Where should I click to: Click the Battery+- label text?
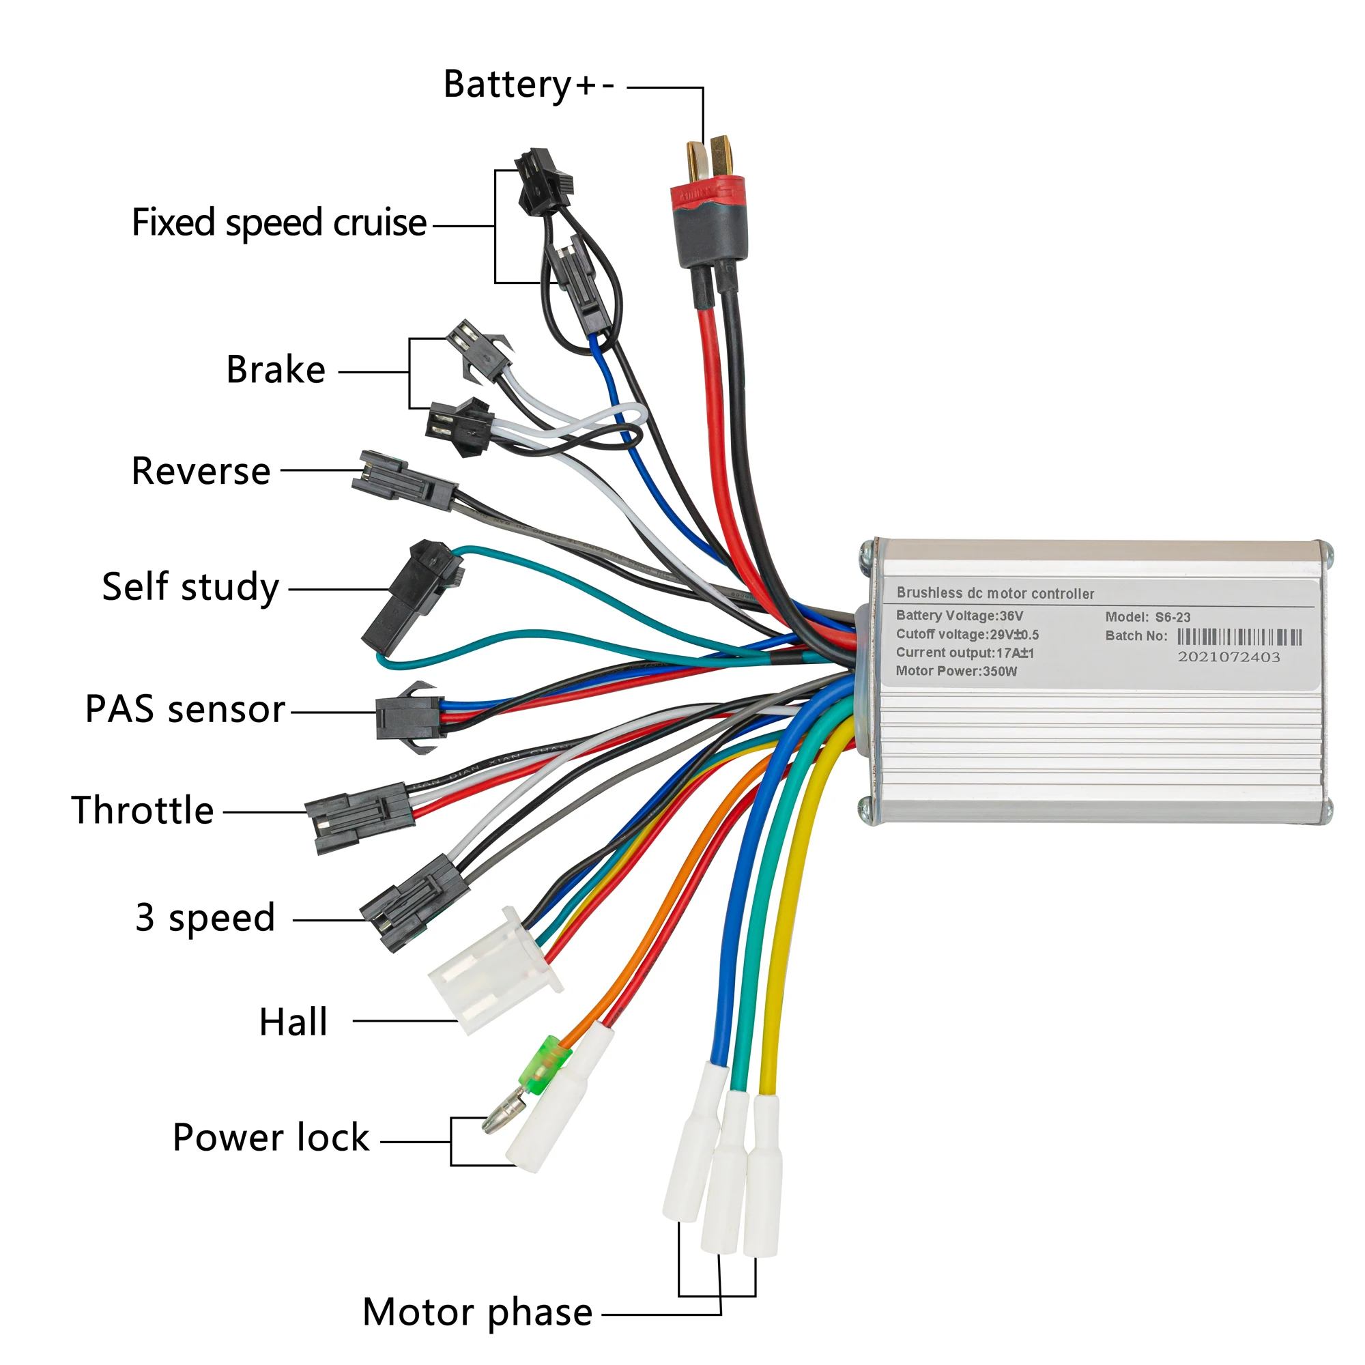[x=528, y=85]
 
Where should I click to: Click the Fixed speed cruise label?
[x=279, y=223]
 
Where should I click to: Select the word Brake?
[x=276, y=370]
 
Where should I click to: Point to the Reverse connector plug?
[x=404, y=480]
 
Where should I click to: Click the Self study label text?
[x=191, y=588]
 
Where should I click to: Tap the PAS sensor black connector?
[x=408, y=717]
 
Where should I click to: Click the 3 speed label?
[x=205, y=919]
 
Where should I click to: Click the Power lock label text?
[x=270, y=1138]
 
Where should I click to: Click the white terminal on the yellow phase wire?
[x=764, y=1177]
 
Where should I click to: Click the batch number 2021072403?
[x=1228, y=657]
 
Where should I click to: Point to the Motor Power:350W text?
[x=956, y=671]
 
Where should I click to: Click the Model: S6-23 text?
[x=1147, y=618]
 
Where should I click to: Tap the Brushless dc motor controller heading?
[x=995, y=594]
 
